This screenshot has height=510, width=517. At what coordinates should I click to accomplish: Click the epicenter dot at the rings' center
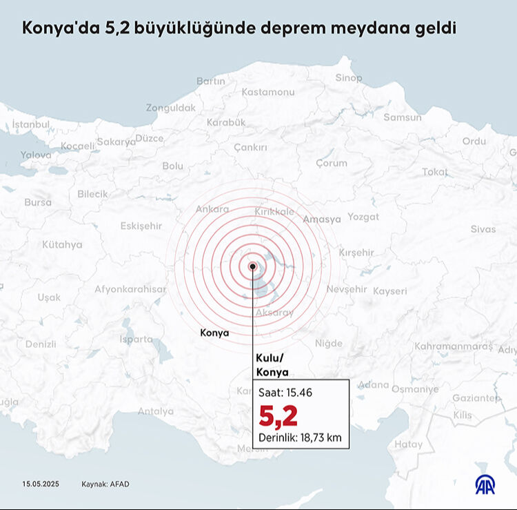coord(253,266)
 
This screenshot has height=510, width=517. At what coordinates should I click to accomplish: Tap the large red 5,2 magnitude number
coord(278,416)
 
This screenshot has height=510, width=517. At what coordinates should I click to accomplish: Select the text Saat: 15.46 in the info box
coord(285,392)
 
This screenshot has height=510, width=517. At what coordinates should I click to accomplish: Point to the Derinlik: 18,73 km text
coord(300,438)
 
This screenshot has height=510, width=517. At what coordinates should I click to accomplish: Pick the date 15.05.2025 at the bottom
coord(41,484)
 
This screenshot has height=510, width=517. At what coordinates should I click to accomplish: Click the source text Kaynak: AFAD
coord(105,484)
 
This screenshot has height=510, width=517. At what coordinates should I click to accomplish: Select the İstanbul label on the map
coord(31,124)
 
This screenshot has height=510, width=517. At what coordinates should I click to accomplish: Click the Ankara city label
coord(212,208)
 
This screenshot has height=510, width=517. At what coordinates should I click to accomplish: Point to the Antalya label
coord(156,411)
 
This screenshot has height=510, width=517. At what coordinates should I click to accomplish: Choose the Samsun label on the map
coord(402,117)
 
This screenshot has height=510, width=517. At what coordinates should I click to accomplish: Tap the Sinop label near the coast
coord(348,78)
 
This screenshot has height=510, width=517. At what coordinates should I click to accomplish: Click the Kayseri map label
coord(389,291)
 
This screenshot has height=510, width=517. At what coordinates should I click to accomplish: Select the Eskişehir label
coord(141,226)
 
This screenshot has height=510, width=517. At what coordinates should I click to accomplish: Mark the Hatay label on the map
coord(409,444)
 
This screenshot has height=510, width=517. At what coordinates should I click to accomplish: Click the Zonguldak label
coord(170,108)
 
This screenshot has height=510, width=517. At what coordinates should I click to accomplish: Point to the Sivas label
coord(483,229)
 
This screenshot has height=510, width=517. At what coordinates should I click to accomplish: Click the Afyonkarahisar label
coord(130,289)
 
